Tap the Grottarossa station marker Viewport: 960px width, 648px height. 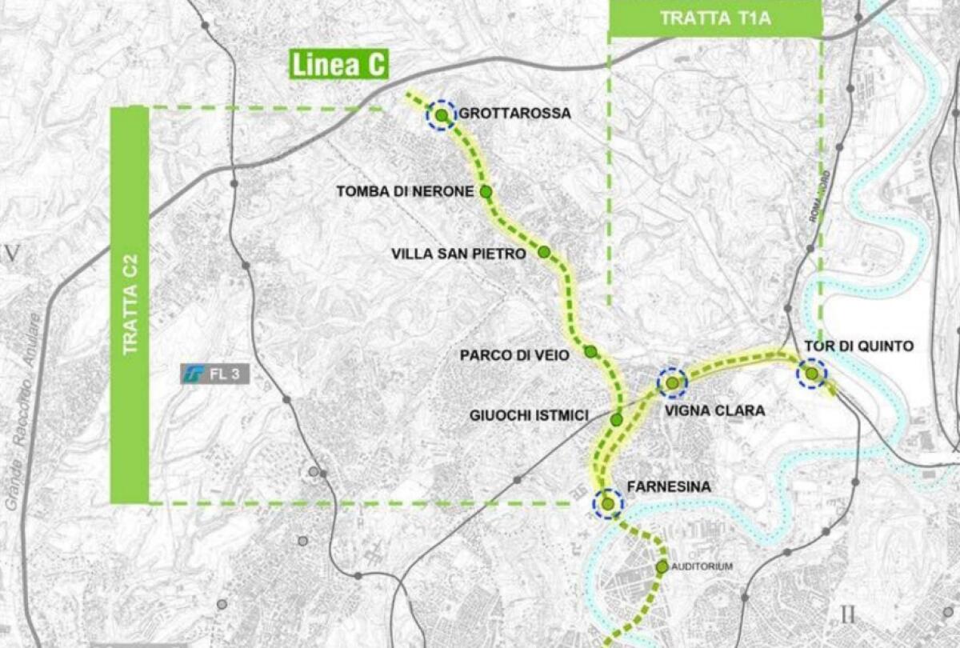coord(441,115)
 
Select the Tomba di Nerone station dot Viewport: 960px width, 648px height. coord(486,191)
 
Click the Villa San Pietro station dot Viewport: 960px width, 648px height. coord(544,252)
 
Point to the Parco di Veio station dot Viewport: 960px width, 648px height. coord(590,352)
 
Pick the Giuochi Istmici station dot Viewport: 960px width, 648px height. coord(617,419)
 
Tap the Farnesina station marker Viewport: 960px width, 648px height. coord(608,504)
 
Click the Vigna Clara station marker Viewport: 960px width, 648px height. coord(672,383)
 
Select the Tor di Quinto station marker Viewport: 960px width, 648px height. coord(812,374)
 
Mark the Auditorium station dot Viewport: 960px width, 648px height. coord(662,567)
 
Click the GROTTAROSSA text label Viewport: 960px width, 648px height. coord(514,114)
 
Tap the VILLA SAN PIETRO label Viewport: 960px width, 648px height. coord(458,254)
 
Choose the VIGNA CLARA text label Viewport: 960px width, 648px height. coord(715,411)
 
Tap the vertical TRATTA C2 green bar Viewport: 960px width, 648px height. coord(130,305)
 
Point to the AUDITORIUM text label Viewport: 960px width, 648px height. coord(702,567)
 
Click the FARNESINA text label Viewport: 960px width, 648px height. coord(669,486)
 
